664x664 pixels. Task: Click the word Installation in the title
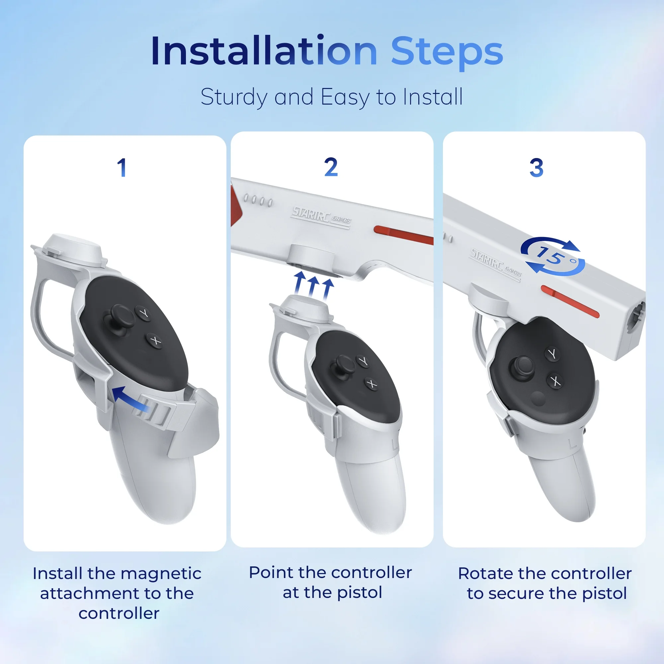(264, 50)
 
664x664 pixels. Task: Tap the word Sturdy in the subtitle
(233, 98)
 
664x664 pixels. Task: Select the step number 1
(122, 168)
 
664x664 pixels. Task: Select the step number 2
(331, 167)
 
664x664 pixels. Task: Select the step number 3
(537, 168)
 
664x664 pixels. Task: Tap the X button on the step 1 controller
(155, 341)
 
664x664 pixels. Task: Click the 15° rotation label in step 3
(553, 256)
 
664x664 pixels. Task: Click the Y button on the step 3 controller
(552, 354)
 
